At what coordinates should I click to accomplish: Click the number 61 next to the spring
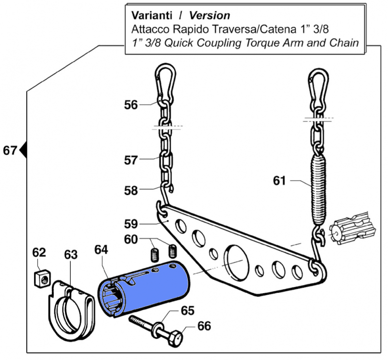(x=279, y=181)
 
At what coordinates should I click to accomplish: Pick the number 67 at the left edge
(x=10, y=151)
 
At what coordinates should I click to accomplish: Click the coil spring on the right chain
(x=318, y=187)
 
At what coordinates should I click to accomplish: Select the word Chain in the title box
(x=344, y=42)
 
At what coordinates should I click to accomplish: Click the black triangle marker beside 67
(x=22, y=151)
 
